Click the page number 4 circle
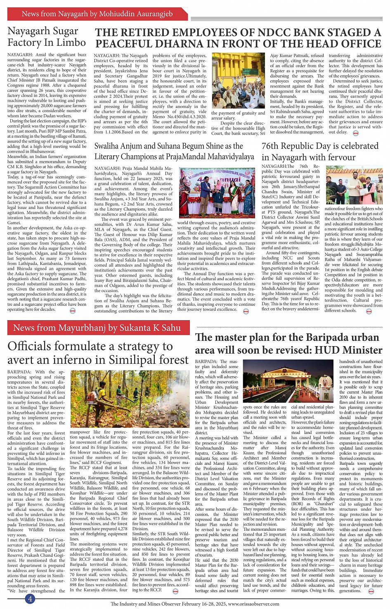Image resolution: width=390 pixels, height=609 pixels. pyautogui.click(x=30, y=599)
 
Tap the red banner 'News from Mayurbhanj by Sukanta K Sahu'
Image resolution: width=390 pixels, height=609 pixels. pyautogui.click(x=97, y=328)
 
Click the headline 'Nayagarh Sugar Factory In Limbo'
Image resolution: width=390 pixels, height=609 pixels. pyautogui.click(x=47, y=37)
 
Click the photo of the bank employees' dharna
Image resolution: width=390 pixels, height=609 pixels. pyautogui.click(x=238, y=80)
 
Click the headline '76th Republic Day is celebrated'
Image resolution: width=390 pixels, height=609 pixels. pyautogui.click(x=320, y=146)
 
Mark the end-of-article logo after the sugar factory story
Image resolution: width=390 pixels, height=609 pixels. pyautogui.click(x=73, y=310)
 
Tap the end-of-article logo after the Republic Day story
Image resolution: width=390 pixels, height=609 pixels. pyautogui.click(x=369, y=312)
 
